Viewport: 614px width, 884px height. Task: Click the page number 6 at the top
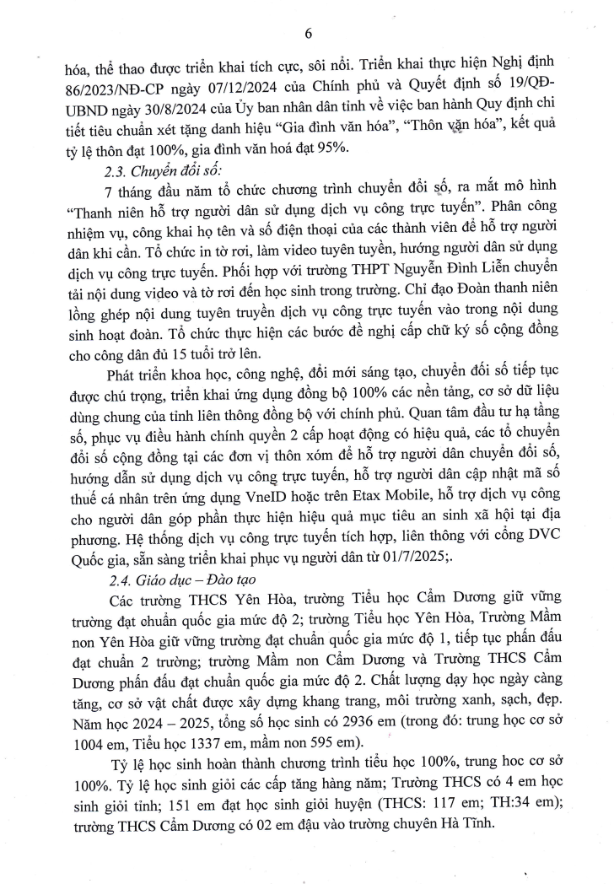point(308,34)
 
